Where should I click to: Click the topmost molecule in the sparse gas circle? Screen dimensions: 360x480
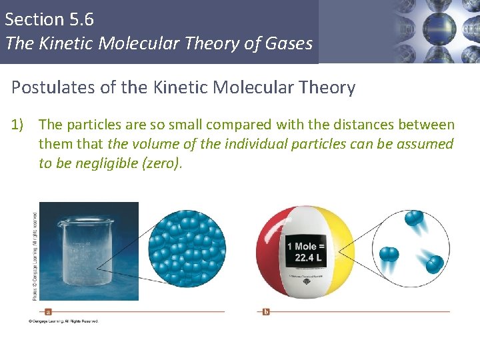point(413,219)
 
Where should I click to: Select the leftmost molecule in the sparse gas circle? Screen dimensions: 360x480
point(389,254)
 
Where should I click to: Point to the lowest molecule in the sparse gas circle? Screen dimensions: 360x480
point(434,265)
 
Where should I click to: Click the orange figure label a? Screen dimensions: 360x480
point(49,311)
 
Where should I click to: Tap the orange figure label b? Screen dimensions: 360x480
point(266,311)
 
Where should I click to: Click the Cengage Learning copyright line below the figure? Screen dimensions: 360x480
point(63,321)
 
